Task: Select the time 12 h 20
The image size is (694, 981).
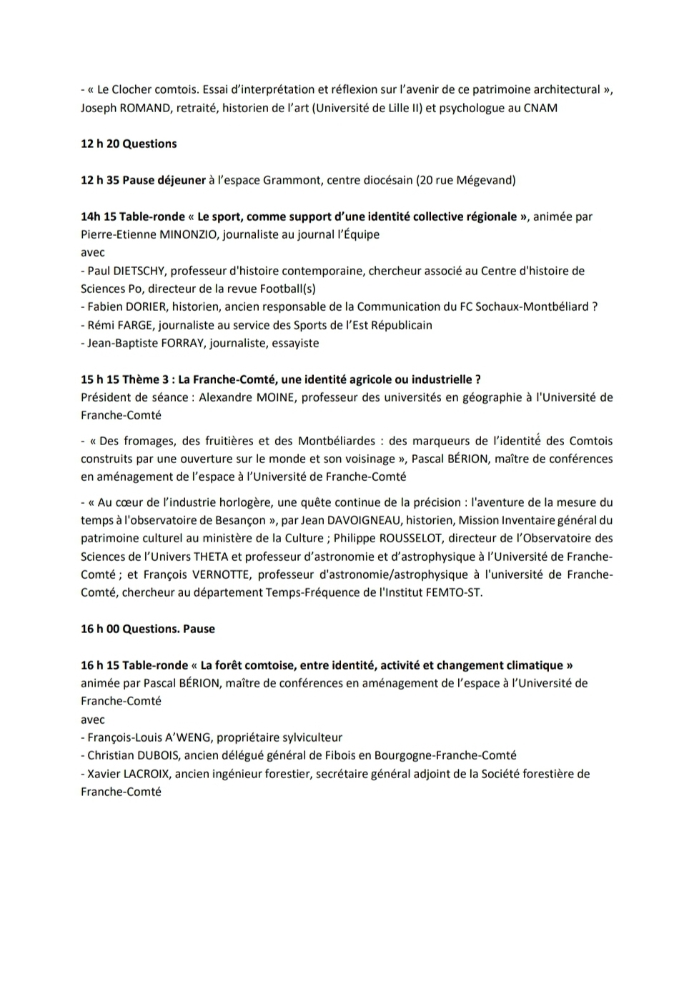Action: click(100, 144)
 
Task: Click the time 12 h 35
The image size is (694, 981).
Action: click(100, 180)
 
